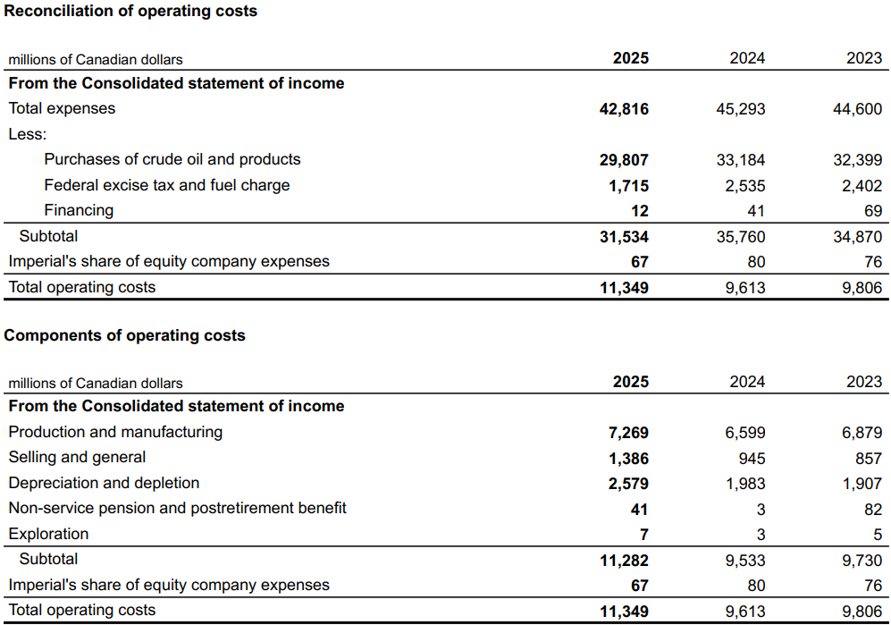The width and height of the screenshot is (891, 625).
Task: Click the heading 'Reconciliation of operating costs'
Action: coord(130,12)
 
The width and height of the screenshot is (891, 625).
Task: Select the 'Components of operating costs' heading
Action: coord(124,335)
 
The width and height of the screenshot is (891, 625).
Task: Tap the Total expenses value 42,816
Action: coord(624,109)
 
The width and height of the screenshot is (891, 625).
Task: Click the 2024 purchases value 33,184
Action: coord(741,160)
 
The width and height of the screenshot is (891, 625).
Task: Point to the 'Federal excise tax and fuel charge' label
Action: coord(167,185)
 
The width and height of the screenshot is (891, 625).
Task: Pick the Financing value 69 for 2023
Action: coord(873,211)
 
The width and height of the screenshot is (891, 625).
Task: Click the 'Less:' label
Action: coord(28,134)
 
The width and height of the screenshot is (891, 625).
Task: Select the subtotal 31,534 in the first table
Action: coord(624,237)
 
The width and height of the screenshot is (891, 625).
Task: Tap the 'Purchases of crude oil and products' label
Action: coord(172,159)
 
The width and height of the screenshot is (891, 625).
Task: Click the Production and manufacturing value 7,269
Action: coord(628,433)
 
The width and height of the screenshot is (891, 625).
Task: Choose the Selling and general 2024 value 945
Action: coord(752,458)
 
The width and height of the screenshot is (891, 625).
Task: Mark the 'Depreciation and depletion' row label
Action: coord(104,483)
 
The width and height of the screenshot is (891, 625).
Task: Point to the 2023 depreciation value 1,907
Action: coord(862,484)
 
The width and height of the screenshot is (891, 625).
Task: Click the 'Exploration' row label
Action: coord(48,534)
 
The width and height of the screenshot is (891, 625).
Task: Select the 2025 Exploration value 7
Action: coord(643,535)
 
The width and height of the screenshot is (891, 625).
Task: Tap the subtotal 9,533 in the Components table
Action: coord(744,561)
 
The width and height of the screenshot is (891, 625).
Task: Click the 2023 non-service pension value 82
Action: coord(873,509)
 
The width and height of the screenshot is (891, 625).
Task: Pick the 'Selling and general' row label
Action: coord(77,457)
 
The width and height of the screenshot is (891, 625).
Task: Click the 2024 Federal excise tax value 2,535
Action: coord(744,186)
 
